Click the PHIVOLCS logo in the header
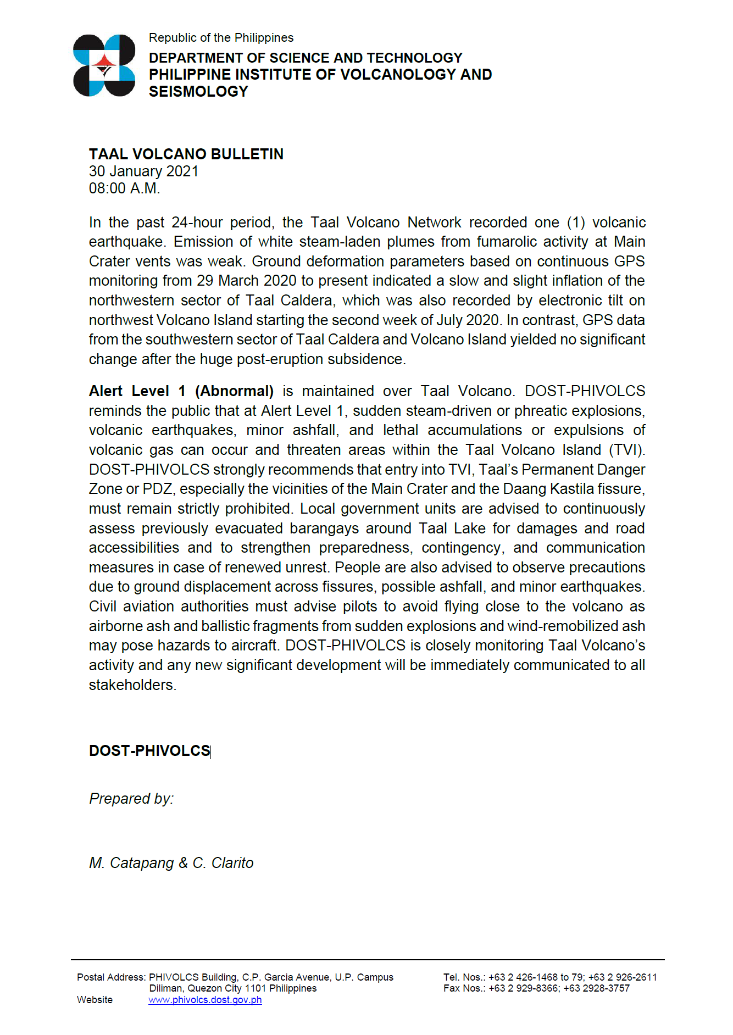[x=104, y=65]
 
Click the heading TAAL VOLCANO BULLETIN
[x=186, y=154]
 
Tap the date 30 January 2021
[x=143, y=171]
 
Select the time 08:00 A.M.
[x=125, y=188]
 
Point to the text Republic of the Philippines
[x=221, y=38]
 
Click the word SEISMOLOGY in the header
[x=198, y=92]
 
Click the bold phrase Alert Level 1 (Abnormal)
[x=181, y=391]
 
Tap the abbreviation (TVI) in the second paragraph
[x=626, y=450]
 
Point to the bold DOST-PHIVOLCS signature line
[x=149, y=751]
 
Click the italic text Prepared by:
[x=131, y=799]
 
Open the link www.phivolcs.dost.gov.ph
[x=205, y=1000]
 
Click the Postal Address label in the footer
[x=111, y=977]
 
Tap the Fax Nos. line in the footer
[x=536, y=988]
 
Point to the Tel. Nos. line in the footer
[x=549, y=977]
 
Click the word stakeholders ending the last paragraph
[x=132, y=685]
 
